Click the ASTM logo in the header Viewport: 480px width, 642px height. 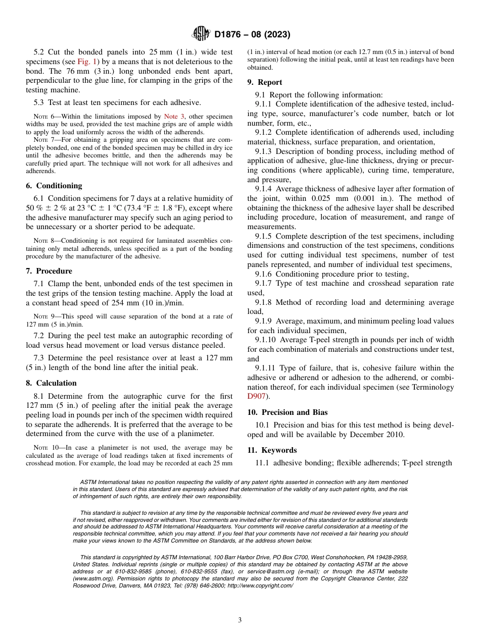coord(201,34)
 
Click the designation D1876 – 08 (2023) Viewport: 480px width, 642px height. coord(252,35)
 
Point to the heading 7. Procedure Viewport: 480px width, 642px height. coord(49,271)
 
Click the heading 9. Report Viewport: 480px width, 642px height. coord(265,82)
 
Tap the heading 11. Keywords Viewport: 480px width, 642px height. coord(272,450)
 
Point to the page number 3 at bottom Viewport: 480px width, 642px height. coord(240,621)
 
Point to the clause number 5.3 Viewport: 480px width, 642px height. coord(40,102)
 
